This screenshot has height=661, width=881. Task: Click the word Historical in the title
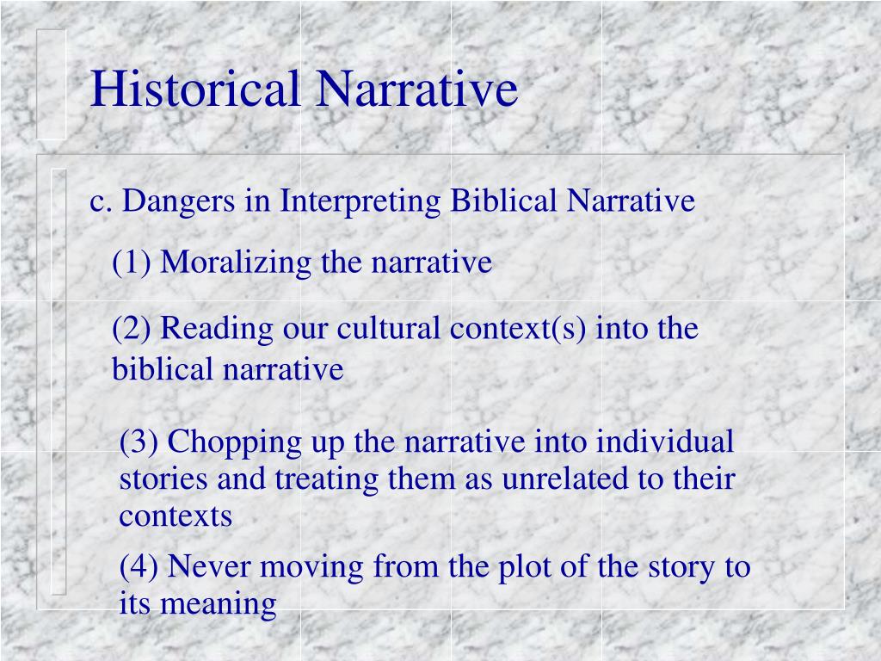coord(197,90)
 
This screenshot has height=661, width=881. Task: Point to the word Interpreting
coord(360,201)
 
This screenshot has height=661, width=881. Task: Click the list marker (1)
coord(132,262)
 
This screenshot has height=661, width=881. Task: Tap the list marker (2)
coord(132,328)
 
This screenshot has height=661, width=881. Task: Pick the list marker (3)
coord(139,442)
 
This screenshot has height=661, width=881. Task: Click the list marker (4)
coord(139,567)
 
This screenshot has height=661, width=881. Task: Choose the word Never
coord(209,567)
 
